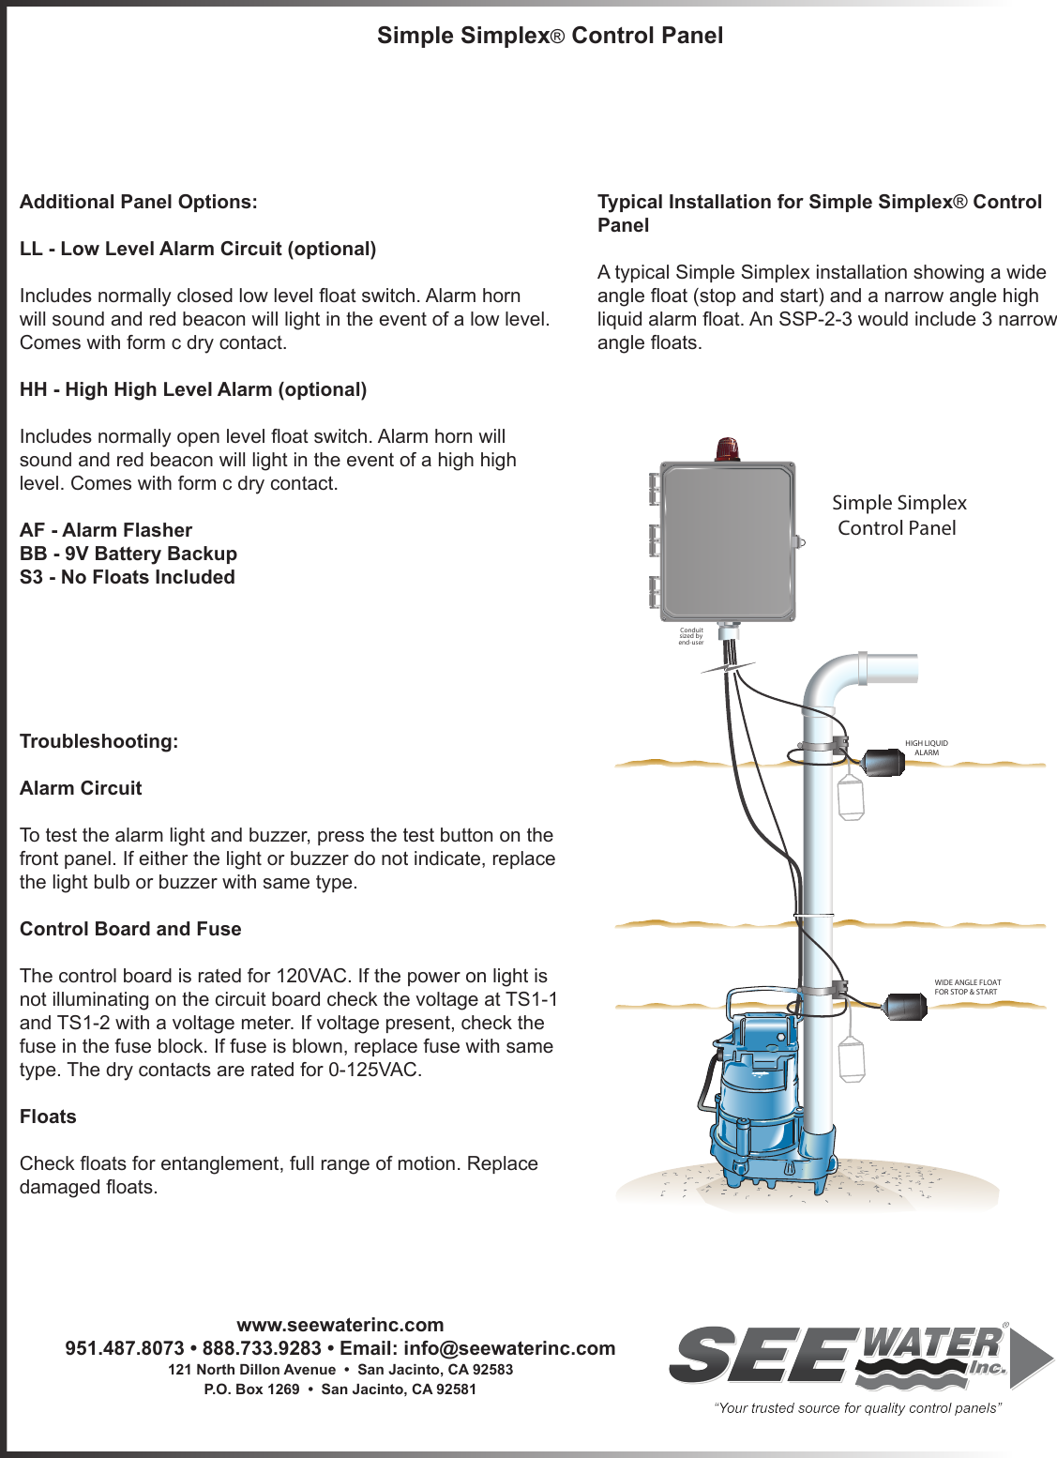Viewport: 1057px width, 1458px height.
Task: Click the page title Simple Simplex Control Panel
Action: [550, 36]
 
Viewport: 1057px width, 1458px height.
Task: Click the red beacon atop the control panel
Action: [727, 449]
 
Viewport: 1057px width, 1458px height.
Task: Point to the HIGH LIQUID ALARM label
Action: [926, 748]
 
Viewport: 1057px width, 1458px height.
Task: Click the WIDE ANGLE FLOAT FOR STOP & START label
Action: [967, 987]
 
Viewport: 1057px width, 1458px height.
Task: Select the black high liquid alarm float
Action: [883, 763]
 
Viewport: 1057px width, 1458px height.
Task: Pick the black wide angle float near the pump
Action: [903, 1005]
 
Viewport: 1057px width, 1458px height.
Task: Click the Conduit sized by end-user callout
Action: [691, 636]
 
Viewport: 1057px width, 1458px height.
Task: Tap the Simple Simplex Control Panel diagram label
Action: [898, 515]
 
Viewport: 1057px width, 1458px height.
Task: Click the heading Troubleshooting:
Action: [98, 741]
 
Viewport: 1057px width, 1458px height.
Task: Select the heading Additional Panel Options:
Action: [138, 202]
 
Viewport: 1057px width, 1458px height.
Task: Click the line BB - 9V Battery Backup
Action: [128, 554]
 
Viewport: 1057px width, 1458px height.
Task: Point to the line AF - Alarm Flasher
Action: [106, 530]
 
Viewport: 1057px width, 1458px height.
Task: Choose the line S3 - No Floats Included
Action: [128, 577]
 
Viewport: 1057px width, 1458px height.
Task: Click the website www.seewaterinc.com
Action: [340, 1325]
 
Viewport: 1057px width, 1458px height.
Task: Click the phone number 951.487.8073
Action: [125, 1348]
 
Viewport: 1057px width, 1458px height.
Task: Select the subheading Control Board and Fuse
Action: [130, 929]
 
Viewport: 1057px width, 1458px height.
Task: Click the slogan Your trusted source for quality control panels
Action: [857, 1407]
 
